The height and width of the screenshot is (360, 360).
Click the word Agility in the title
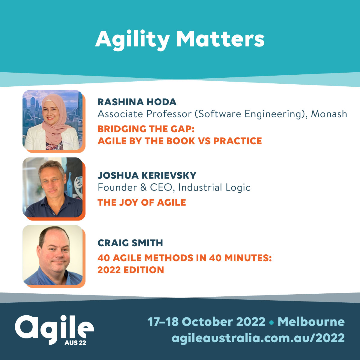tap(133, 40)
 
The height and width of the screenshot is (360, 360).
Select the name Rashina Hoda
tap(137, 102)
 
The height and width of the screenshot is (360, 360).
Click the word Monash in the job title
tap(329, 114)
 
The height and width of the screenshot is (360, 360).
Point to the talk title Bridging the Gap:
tap(146, 129)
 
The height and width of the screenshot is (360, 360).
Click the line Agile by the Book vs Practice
tap(179, 141)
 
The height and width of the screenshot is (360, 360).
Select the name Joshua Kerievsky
tap(147, 175)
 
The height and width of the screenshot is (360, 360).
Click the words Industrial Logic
tap(214, 187)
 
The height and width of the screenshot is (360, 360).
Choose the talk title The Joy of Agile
tap(142, 202)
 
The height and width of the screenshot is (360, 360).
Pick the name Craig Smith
tap(130, 243)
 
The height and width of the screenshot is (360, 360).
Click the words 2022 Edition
tap(130, 270)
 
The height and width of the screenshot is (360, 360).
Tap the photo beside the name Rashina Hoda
tap(52, 120)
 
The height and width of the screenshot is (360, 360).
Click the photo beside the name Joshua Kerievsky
tap(52, 187)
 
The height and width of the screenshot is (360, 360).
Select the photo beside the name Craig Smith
tap(52, 255)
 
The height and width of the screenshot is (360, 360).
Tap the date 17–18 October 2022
tap(206, 322)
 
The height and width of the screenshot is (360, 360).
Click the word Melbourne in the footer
tap(311, 322)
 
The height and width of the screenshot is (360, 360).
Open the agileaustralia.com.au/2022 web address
tap(258, 338)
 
